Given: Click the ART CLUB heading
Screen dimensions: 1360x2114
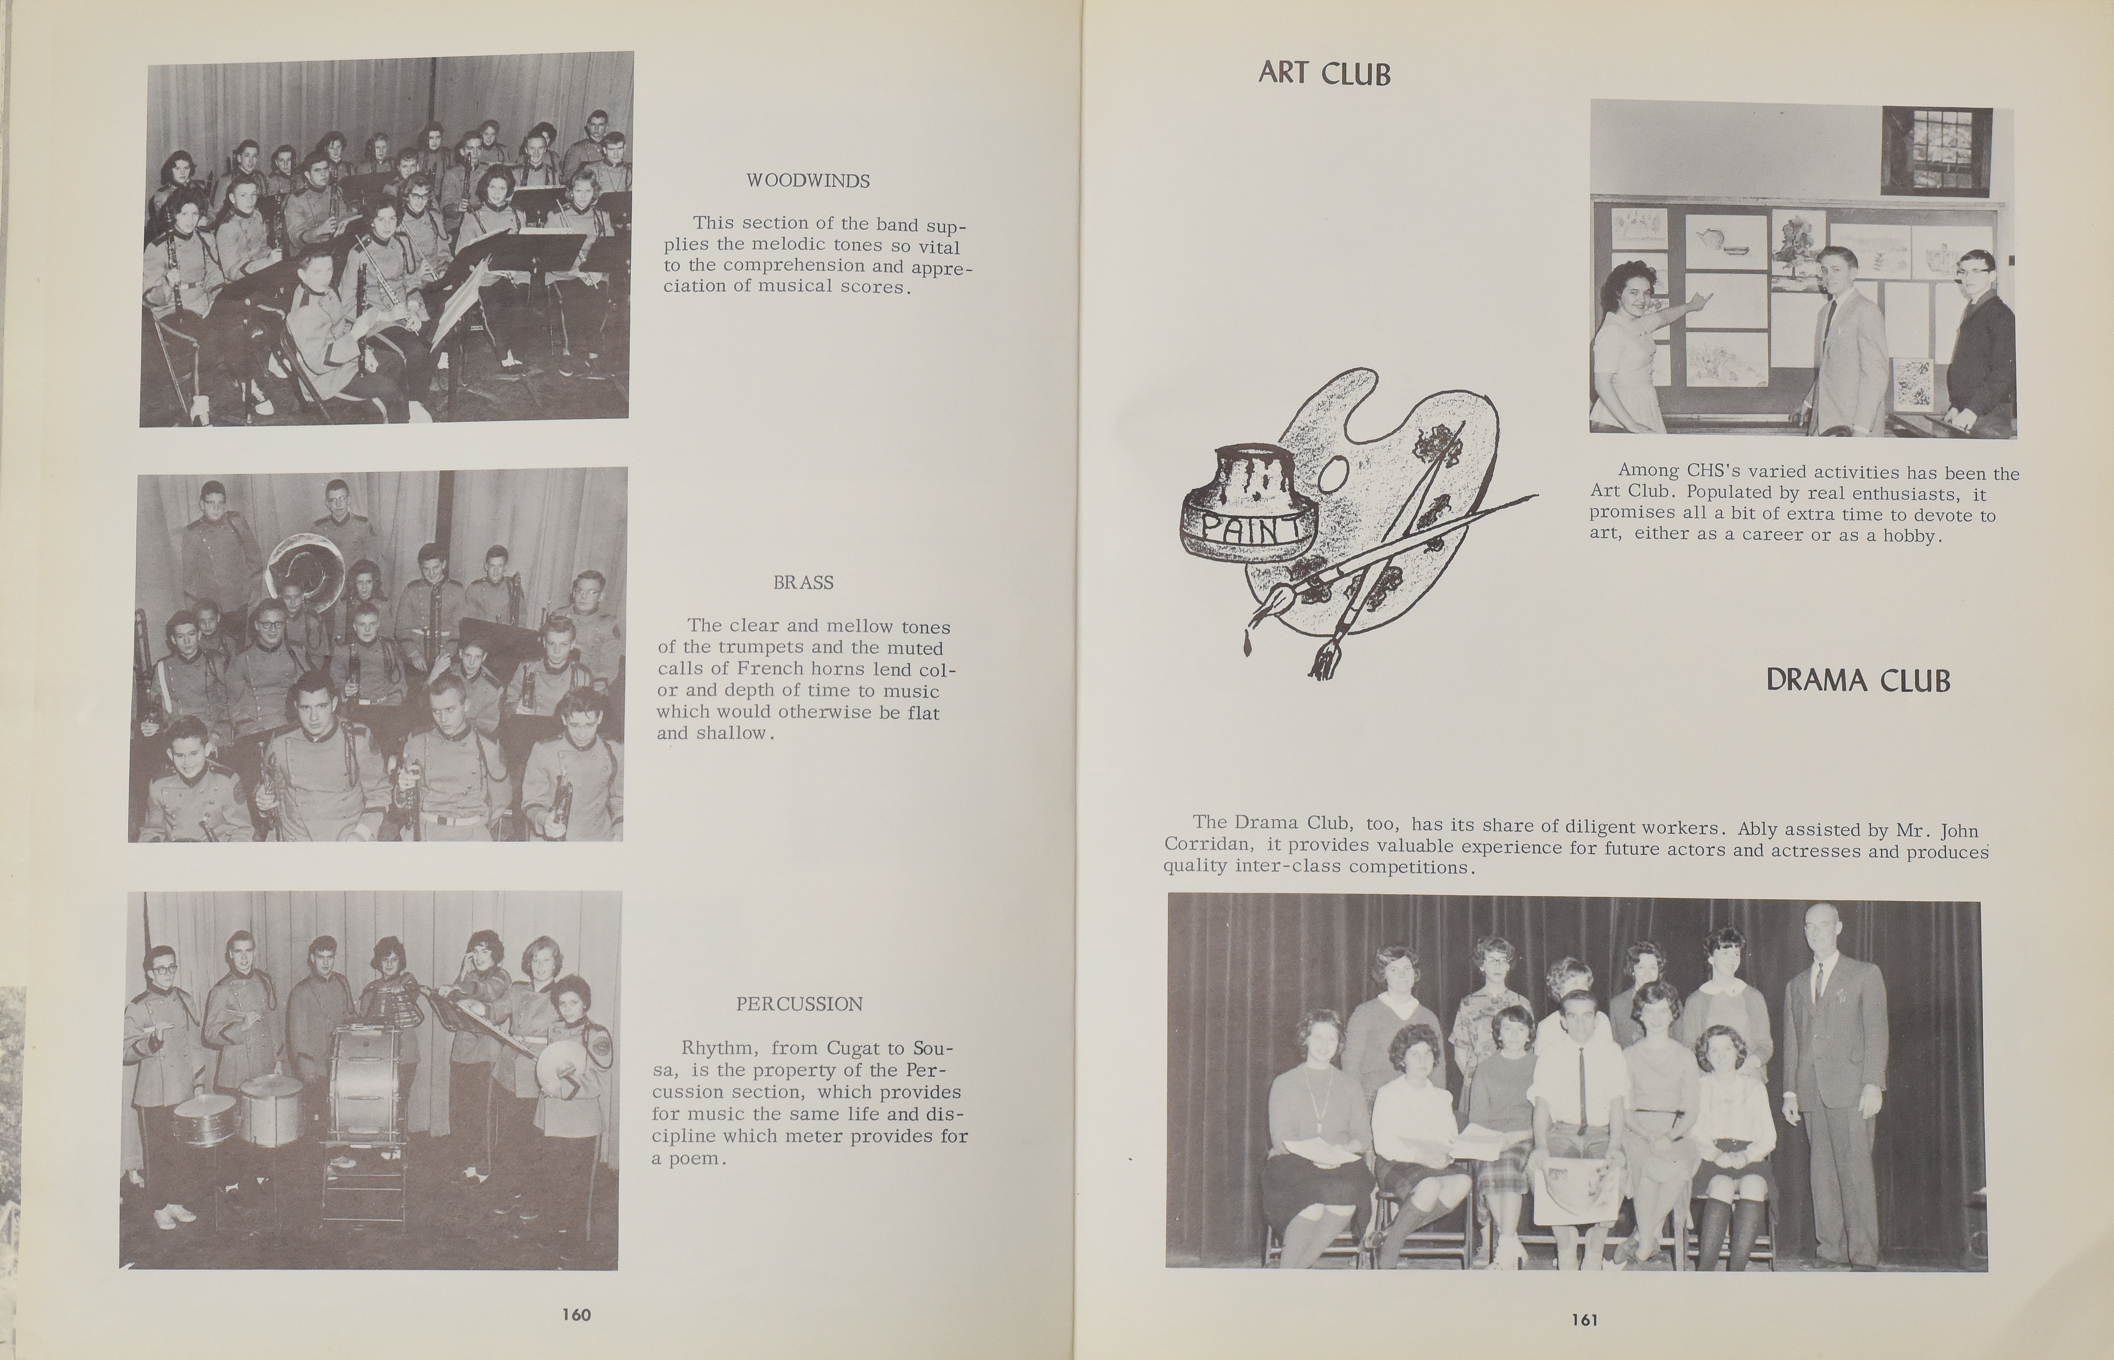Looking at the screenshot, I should (x=1324, y=73).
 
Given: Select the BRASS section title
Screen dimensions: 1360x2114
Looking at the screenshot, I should (x=803, y=583).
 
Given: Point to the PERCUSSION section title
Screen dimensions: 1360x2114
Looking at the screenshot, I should (x=799, y=1004).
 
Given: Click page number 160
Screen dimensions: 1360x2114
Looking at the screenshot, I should (x=576, y=1314).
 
